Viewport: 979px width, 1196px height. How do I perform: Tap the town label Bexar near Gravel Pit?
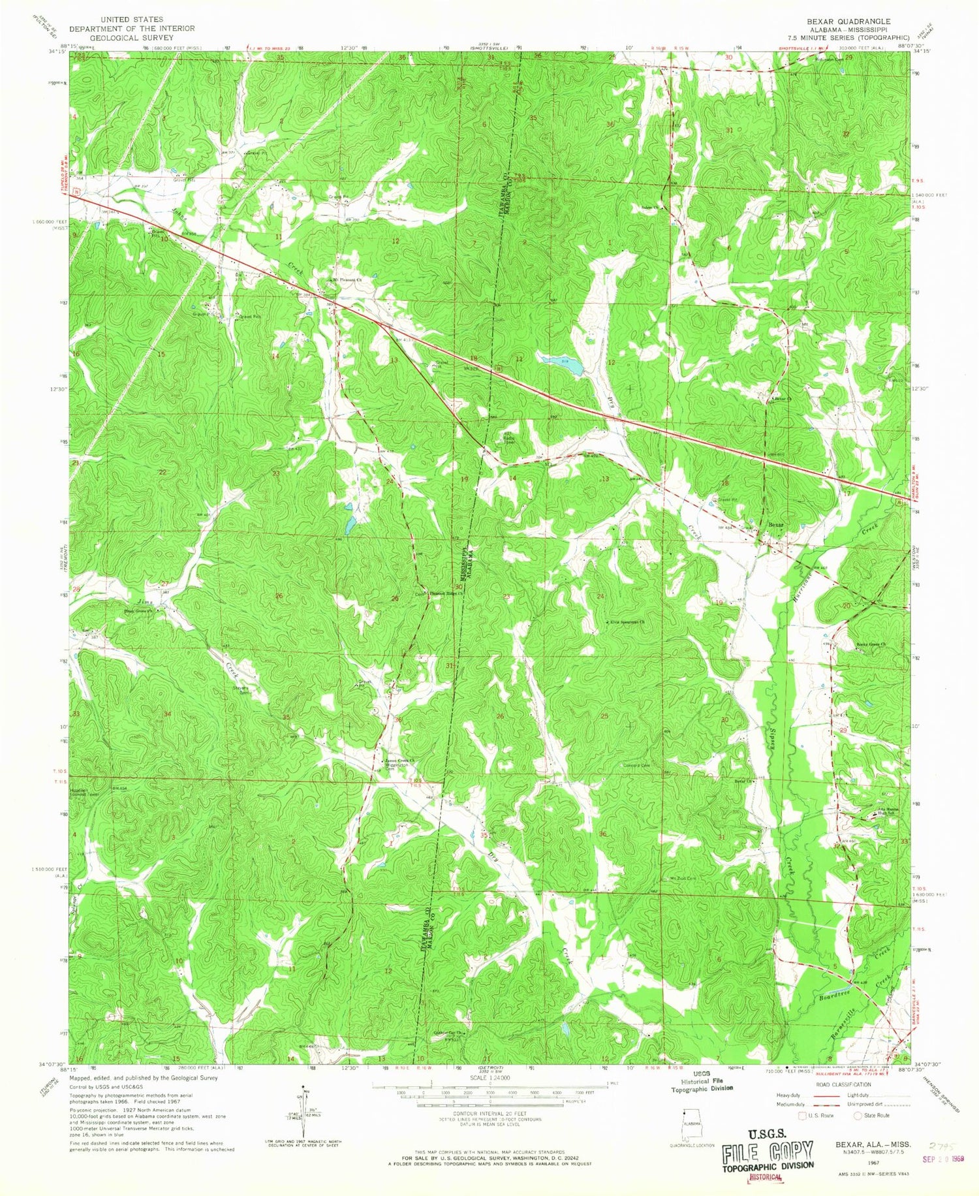tap(775, 524)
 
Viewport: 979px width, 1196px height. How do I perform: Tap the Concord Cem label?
tap(637, 765)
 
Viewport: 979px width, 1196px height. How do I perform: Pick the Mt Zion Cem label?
tap(683, 878)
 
